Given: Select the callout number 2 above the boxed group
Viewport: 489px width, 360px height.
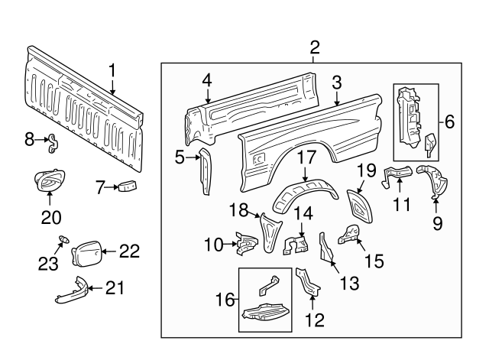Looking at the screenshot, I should pos(315,47).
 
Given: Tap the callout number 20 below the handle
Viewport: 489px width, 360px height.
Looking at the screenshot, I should pos(50,217).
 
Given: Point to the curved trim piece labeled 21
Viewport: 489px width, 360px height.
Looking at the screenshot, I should pos(70,291).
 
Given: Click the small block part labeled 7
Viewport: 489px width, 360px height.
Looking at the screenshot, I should pos(126,185).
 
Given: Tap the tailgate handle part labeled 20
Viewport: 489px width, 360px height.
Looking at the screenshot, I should pos(48,183).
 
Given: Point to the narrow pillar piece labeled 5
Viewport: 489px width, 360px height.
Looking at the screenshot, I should pos(206,173).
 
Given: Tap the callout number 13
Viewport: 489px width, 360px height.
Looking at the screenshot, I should pos(348,284).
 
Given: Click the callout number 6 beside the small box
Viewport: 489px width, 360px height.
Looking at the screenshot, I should pos(449,121).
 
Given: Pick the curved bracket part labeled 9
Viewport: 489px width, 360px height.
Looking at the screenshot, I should pos(432,182).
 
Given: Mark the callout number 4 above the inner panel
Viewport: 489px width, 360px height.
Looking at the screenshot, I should pos(207,80).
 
